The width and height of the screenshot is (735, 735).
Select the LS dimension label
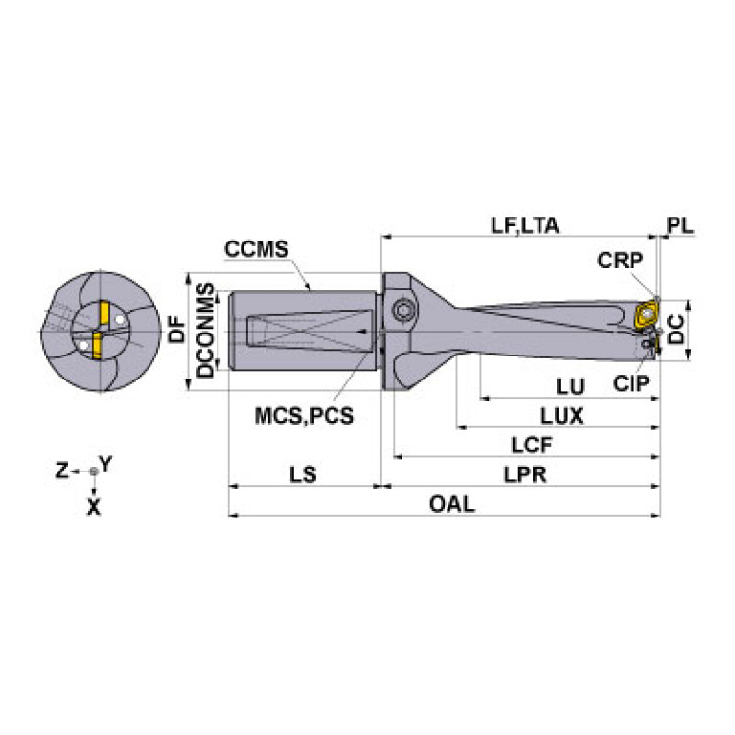tap(303, 474)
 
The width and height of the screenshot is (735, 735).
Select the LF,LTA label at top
tap(524, 226)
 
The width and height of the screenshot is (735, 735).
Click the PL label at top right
tap(679, 226)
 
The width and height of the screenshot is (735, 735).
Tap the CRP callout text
tap(619, 260)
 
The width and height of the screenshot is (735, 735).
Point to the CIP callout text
tap(632, 383)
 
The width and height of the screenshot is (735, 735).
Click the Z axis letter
tap(61, 470)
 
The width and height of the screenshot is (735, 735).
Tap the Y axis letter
tap(107, 464)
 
